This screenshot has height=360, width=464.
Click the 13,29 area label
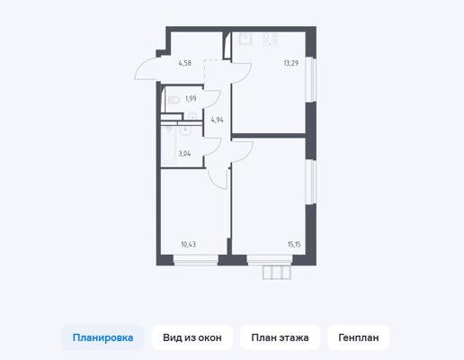[290, 64]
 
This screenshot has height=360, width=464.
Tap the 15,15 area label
[294, 243]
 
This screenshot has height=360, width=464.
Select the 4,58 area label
[185, 63]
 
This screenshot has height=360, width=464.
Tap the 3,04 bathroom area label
[184, 153]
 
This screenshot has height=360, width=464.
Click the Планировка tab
[103, 337]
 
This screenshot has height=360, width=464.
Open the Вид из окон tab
[192, 337]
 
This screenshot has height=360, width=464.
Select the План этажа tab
[280, 337]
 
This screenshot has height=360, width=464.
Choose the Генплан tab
[359, 337]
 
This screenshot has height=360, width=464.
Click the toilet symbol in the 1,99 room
[172, 101]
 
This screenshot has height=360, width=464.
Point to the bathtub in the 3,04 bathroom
[170, 144]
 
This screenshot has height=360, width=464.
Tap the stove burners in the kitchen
[268, 39]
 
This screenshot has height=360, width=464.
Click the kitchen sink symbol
[243, 38]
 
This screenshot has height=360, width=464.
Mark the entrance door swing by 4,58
[147, 70]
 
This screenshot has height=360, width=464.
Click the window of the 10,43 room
[195, 261]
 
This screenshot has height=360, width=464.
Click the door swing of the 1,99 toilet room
[211, 100]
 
